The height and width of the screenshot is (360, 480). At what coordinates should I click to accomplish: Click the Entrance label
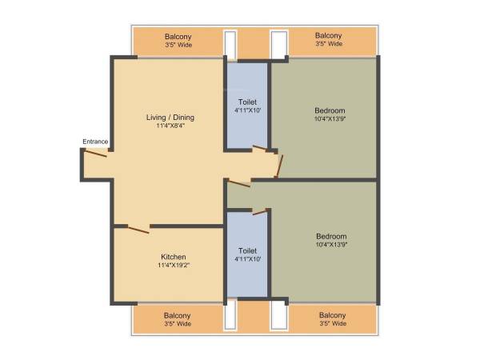click(x=95, y=142)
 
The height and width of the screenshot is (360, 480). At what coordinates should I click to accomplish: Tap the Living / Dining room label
click(x=170, y=118)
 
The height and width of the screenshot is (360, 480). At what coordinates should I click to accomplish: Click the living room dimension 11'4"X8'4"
click(x=170, y=126)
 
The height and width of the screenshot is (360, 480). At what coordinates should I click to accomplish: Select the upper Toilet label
click(x=247, y=102)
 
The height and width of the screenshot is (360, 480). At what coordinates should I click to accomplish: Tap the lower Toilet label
click(x=247, y=250)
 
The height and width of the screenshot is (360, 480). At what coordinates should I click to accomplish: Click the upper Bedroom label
click(x=330, y=110)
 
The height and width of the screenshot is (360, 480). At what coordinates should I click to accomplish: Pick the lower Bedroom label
click(x=330, y=236)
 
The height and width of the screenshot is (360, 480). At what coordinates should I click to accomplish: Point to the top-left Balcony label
click(x=178, y=36)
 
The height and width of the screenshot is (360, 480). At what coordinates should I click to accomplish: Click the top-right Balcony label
click(x=328, y=35)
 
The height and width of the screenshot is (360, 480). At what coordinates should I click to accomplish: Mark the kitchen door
click(x=138, y=229)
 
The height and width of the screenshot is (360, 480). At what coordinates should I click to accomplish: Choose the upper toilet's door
click(x=261, y=148)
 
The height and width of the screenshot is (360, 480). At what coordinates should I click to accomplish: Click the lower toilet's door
click(x=258, y=211)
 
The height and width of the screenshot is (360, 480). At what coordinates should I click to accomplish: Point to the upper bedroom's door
click(x=278, y=164)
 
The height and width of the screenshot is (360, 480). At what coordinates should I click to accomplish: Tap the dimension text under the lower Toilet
click(x=247, y=259)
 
